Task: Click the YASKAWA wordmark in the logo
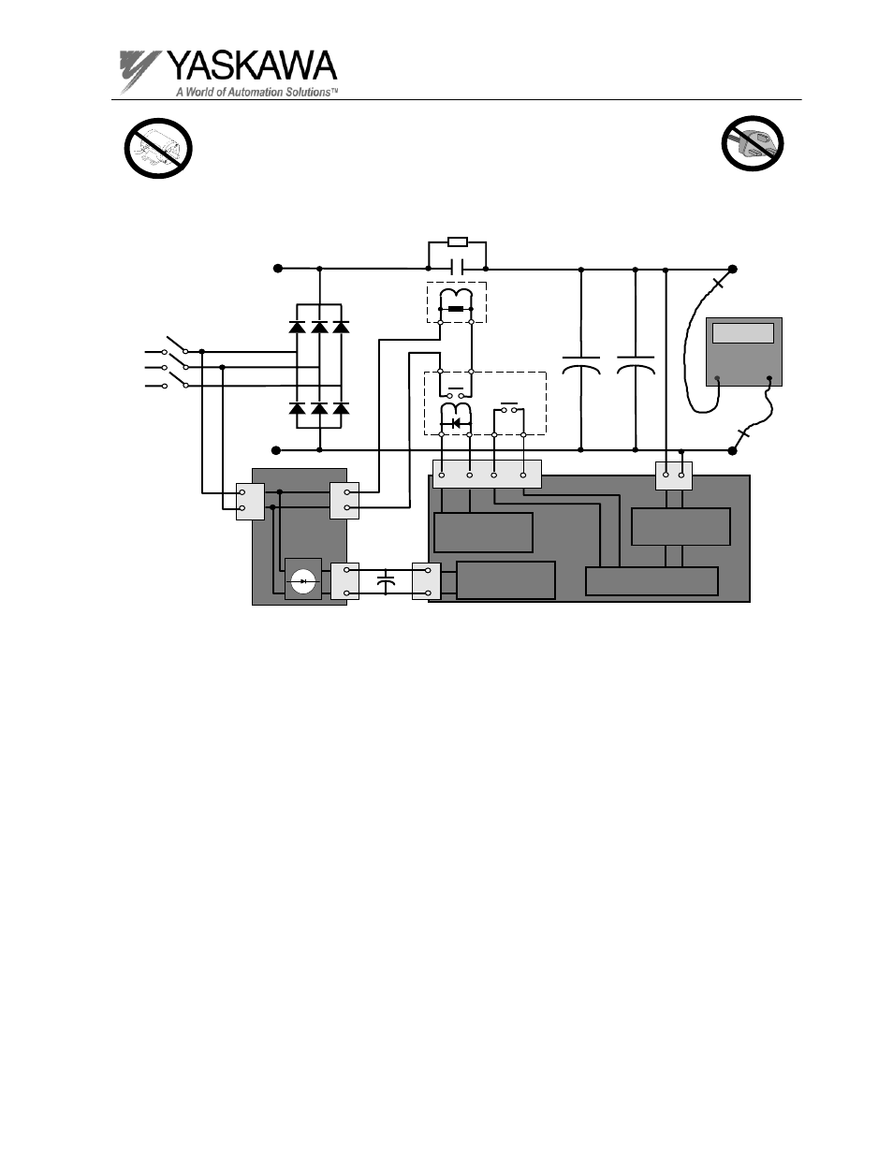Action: coord(253,66)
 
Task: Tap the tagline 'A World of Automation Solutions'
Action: coord(257,92)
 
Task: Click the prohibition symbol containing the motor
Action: coord(158,149)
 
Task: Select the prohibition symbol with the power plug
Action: coord(753,143)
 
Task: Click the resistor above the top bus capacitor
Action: coord(458,242)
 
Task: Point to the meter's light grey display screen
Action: coord(743,333)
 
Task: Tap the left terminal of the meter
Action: coord(717,379)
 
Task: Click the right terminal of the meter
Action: coord(769,378)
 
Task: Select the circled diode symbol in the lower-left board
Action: coord(303,580)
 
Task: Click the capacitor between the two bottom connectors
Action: coord(386,581)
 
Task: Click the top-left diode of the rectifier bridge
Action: coord(297,327)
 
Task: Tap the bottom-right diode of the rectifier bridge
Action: coord(341,408)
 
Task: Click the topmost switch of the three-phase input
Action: coord(175,345)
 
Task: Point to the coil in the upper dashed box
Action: coord(457,296)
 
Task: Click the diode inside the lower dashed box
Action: coord(456,423)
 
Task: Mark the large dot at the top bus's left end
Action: coord(278,269)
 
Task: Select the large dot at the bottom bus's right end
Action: coord(732,450)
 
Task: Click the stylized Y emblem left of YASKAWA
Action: coord(139,72)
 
